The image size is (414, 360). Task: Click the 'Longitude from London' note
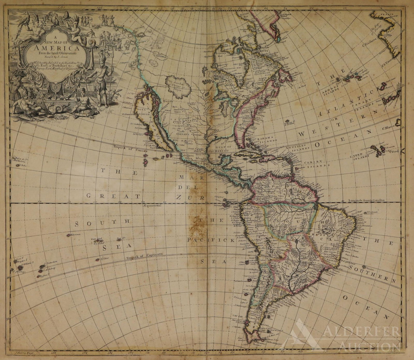point(367,200)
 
